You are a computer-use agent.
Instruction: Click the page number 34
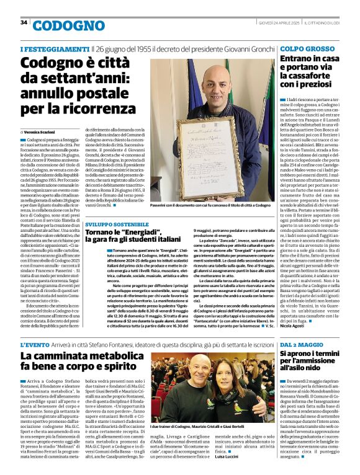pos(24,22)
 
